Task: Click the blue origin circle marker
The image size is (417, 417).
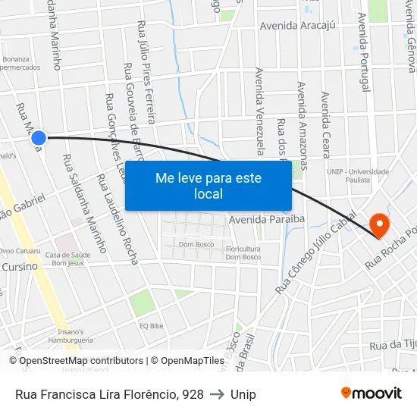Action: (x=39, y=137)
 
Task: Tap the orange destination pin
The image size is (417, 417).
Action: (x=378, y=224)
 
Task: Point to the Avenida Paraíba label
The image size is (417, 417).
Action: (x=266, y=219)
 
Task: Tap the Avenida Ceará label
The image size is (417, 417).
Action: (x=325, y=126)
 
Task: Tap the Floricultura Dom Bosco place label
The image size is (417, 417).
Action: (x=243, y=252)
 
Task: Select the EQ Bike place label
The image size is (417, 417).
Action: (x=151, y=326)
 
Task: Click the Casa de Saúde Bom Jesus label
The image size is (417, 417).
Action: (x=67, y=259)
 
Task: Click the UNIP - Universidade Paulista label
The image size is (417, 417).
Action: (x=358, y=176)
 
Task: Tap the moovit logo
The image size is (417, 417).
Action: (x=371, y=393)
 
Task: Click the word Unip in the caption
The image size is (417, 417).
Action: (x=243, y=394)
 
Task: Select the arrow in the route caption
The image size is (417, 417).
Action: (x=217, y=394)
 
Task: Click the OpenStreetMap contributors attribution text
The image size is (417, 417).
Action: (x=82, y=361)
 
